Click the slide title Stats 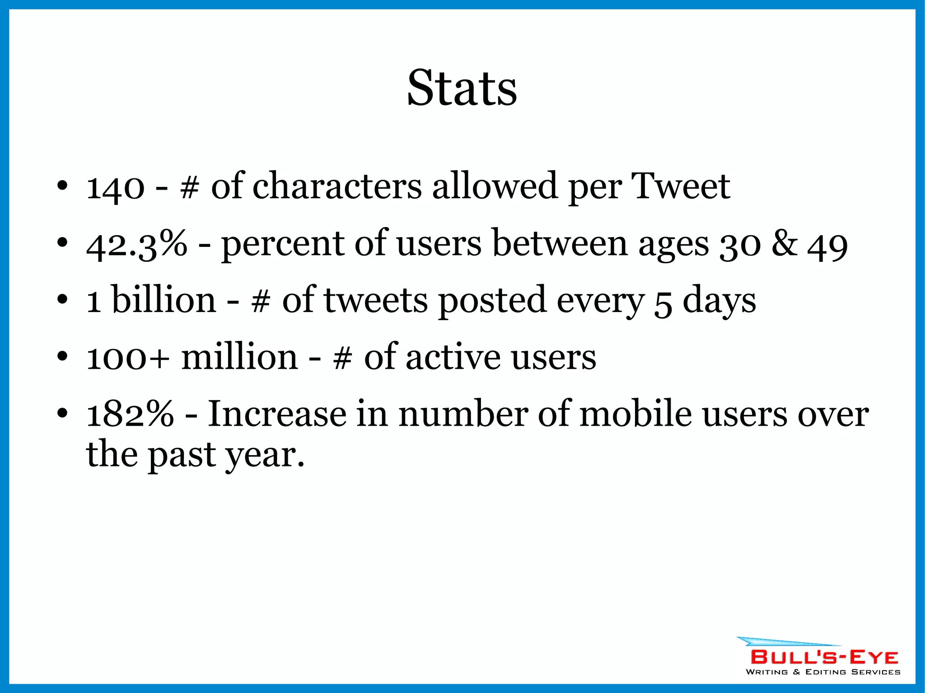click(x=462, y=88)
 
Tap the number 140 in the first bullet click(x=115, y=187)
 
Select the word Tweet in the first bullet click(x=681, y=186)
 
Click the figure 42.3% click(x=136, y=244)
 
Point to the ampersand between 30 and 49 click(x=785, y=244)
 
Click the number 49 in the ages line click(x=827, y=246)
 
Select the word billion click(x=164, y=300)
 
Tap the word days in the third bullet click(x=719, y=301)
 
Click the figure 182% click(x=130, y=414)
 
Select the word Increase click(x=276, y=414)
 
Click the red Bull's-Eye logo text click(x=824, y=657)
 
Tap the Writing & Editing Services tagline click(x=823, y=672)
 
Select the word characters click(x=337, y=186)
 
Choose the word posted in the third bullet click(x=492, y=301)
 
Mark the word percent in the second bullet click(x=282, y=244)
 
